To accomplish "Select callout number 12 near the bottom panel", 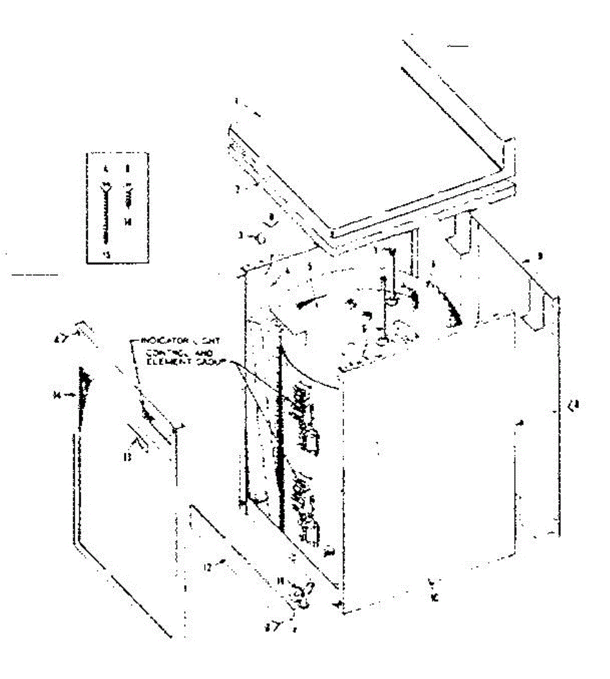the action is click(x=208, y=566).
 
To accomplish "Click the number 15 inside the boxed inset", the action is click(x=105, y=254).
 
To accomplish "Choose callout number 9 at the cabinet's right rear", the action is click(x=540, y=256).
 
